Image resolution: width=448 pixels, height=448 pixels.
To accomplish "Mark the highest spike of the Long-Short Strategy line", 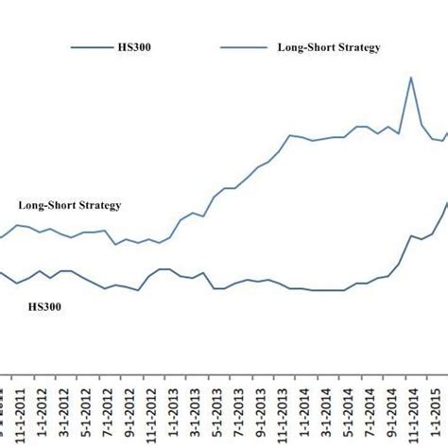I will pyautogui.click(x=411, y=78).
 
